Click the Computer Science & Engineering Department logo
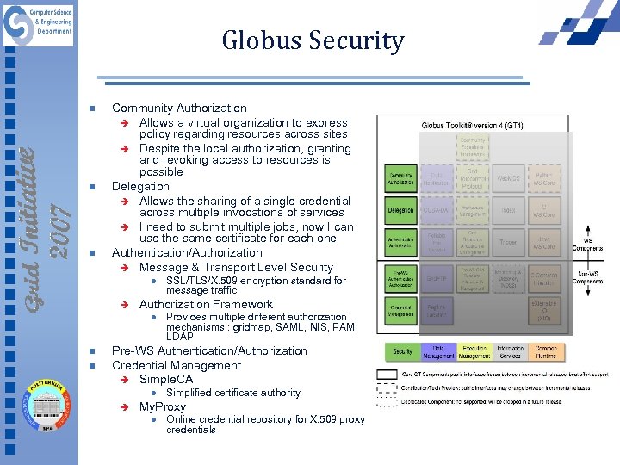click(39, 25)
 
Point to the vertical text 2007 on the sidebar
click(59, 230)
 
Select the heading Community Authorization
click(179, 108)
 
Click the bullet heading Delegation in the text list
click(140, 186)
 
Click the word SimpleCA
click(166, 379)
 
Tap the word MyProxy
click(163, 406)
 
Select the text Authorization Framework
click(206, 304)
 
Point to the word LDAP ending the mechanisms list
click(180, 336)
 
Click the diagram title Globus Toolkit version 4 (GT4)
click(472, 126)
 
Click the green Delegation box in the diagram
click(400, 209)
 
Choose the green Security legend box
click(402, 351)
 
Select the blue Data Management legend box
click(438, 351)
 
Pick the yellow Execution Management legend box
click(474, 351)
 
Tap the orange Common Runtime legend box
click(545, 351)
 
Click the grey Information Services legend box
click(510, 351)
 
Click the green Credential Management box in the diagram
click(400, 312)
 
